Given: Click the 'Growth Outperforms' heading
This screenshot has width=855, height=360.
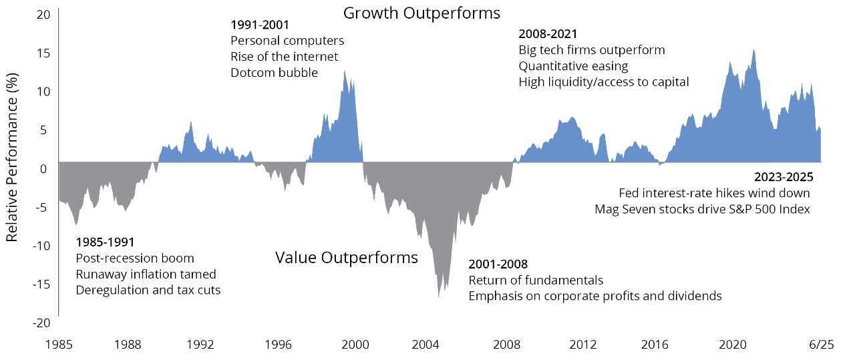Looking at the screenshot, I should pos(421,13).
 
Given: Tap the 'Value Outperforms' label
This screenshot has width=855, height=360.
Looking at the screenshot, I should pos(346,258).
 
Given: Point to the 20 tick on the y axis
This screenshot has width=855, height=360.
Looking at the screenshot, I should pos(43,14).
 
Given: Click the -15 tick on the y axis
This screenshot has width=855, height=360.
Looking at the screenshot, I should pos(41,284).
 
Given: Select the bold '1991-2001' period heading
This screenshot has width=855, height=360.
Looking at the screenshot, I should pos(260,25).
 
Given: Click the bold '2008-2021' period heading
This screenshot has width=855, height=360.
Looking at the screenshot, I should pos(548,33).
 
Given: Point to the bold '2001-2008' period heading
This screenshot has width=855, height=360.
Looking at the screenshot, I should pos(498,264).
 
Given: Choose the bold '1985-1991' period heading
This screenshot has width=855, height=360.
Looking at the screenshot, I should pos(106,242).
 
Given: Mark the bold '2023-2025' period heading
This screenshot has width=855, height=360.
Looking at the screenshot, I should pos(783,178).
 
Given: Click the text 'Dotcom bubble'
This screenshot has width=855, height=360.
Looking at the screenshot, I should pos(274,72).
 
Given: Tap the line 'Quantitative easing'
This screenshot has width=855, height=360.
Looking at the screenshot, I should pos(573,65).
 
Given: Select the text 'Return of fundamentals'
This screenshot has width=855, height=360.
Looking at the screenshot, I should pos(536,280).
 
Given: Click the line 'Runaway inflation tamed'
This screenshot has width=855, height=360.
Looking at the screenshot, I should pos(146,274).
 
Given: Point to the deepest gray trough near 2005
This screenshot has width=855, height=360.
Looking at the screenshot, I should pos(438,294).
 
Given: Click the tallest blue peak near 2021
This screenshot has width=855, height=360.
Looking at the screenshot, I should pos(753,51).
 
